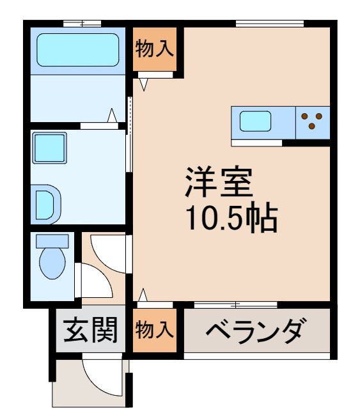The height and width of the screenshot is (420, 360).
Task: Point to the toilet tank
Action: pyautogui.click(x=52, y=241)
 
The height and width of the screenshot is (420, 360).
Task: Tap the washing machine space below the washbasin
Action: pyautogui.click(x=47, y=203)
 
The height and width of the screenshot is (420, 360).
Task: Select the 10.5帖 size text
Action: pyautogui.click(x=230, y=219)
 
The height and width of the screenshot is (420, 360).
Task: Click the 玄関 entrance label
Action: pyautogui.click(x=90, y=331)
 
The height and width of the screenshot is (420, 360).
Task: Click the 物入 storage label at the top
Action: pyautogui.click(x=155, y=49)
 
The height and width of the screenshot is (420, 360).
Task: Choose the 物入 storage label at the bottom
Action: pyautogui.click(x=154, y=331)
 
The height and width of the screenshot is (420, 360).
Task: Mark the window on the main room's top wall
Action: pyautogui.click(x=269, y=24)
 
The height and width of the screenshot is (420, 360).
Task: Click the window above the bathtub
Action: pyautogui.click(x=82, y=24)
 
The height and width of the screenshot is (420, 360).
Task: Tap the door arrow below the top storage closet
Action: pyautogui.click(x=143, y=83)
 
